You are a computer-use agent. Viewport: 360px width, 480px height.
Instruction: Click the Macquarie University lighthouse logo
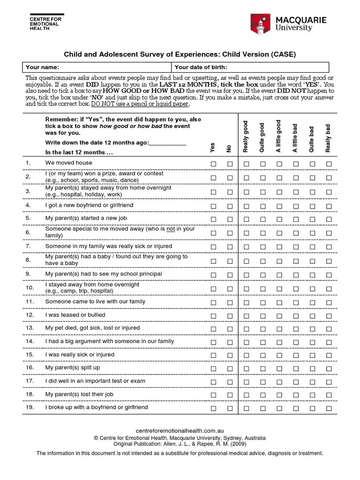point(260,24)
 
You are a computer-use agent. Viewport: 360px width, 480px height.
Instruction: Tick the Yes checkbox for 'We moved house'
point(213,163)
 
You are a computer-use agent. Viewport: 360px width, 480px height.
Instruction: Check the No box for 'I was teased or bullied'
point(230,315)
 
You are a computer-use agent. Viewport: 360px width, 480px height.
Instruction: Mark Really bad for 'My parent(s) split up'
point(329,368)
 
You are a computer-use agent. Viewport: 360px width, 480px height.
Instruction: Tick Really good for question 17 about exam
point(246,382)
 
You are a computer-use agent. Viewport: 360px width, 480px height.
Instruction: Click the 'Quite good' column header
point(262,137)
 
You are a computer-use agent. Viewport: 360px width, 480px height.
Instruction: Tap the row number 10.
point(30,287)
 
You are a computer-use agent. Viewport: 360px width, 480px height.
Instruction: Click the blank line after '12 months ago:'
point(168,143)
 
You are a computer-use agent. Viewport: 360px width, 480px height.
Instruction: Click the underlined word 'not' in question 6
point(171,229)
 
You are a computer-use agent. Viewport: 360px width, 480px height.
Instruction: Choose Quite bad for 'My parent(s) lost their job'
point(312,395)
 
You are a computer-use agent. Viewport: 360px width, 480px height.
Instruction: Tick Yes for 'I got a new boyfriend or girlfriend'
point(213,206)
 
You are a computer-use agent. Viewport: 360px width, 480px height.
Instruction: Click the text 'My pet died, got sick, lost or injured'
point(92,328)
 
